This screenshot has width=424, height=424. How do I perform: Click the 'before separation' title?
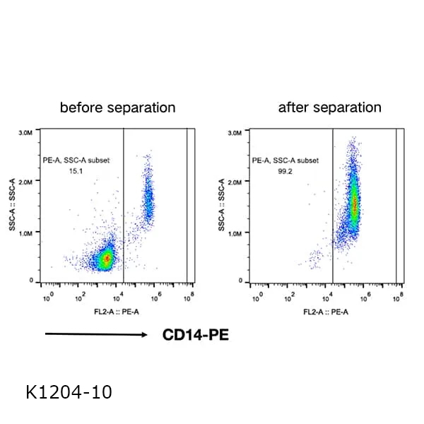click(x=117, y=108)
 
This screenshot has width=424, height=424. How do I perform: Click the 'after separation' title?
click(x=329, y=108)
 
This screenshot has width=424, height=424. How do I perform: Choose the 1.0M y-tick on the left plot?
click(x=28, y=232)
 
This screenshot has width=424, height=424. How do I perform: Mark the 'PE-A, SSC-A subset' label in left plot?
click(x=76, y=160)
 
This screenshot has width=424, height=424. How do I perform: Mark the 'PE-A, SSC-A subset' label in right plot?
click(x=285, y=160)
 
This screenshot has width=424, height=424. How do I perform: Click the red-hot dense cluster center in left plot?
click(x=106, y=259)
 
